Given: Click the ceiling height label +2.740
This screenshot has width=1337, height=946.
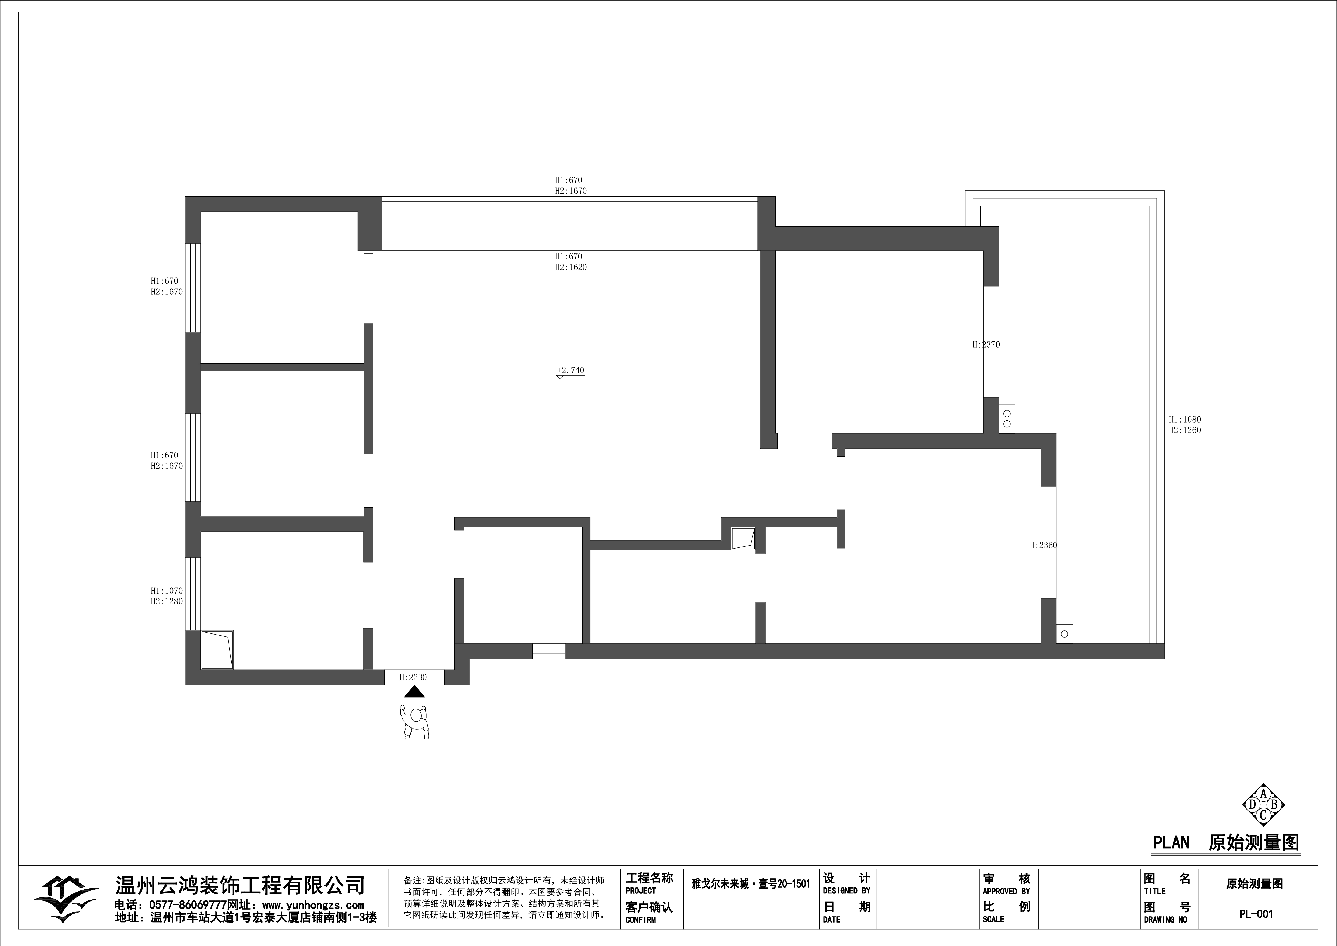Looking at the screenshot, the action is coord(571,370).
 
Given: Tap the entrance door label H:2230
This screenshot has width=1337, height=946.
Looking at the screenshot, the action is coord(413,677).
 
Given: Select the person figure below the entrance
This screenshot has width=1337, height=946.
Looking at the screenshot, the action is coord(414,722).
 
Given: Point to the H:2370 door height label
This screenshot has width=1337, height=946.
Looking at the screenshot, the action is coord(986,344).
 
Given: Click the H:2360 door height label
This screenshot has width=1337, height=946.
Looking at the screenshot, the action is coord(1043,545).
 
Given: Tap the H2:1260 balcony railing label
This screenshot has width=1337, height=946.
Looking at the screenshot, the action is coord(1184,430).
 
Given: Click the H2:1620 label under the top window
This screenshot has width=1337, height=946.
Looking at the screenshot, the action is coord(571,267).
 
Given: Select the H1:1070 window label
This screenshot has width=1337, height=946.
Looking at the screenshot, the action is coord(167,591).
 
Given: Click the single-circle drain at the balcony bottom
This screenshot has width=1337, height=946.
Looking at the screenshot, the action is coord(1065,634).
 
